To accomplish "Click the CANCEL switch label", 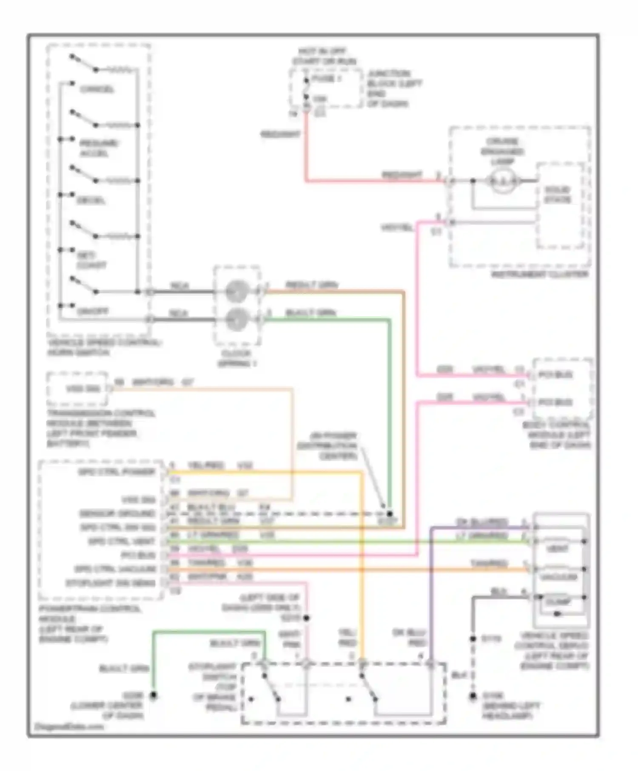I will (97, 90).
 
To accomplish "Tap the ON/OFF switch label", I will (92, 311).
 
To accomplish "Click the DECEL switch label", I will (91, 200).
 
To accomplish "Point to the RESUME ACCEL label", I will (99, 148).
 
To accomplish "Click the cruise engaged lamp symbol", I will (503, 181).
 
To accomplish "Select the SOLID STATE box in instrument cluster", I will (558, 205).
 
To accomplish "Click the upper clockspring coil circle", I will (236, 292).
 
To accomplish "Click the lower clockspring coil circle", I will (236, 320).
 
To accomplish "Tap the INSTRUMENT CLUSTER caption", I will (540, 275).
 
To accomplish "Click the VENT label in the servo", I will (557, 549).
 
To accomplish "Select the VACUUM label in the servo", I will (558, 577).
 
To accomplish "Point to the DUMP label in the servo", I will (558, 602).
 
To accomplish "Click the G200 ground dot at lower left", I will (153, 695).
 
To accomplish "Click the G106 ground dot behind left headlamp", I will (473, 697).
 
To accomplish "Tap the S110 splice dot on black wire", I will (473, 639).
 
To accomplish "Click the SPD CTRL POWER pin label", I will (117, 472).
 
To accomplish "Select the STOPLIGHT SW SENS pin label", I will (111, 583).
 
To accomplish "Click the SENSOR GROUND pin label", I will (117, 513).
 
